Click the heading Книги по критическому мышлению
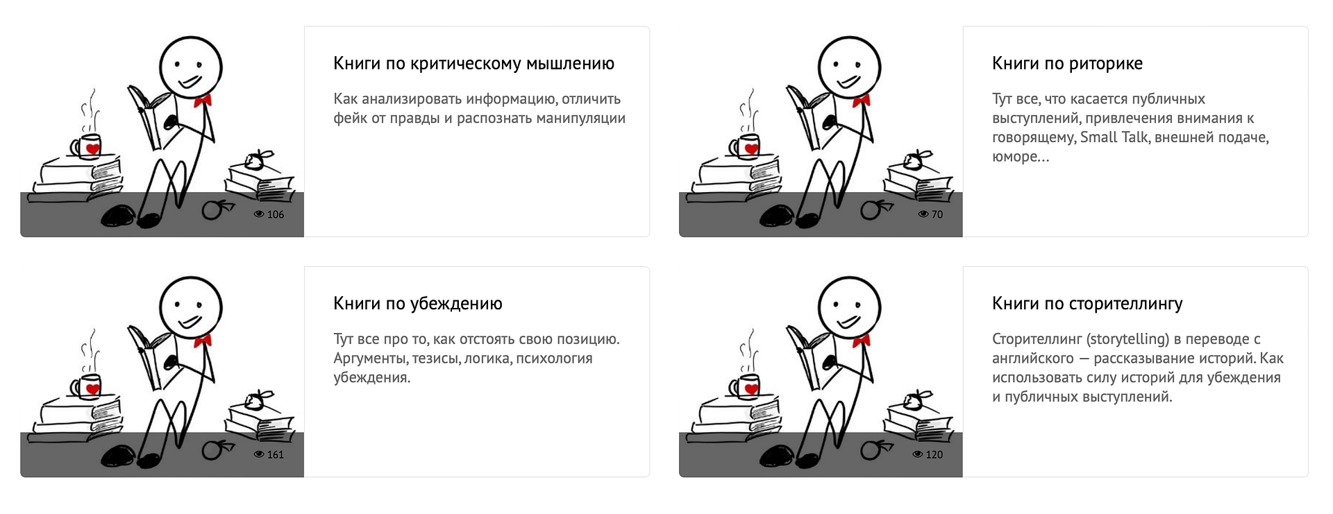473,64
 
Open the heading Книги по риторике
1067,64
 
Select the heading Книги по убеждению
418,304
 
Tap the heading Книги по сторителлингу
1087,304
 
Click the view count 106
276,214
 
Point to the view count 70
937,214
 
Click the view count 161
276,454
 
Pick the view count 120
934,454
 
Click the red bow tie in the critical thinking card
203,101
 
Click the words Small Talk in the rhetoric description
1114,137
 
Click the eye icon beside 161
259,454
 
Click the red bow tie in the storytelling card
862,341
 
